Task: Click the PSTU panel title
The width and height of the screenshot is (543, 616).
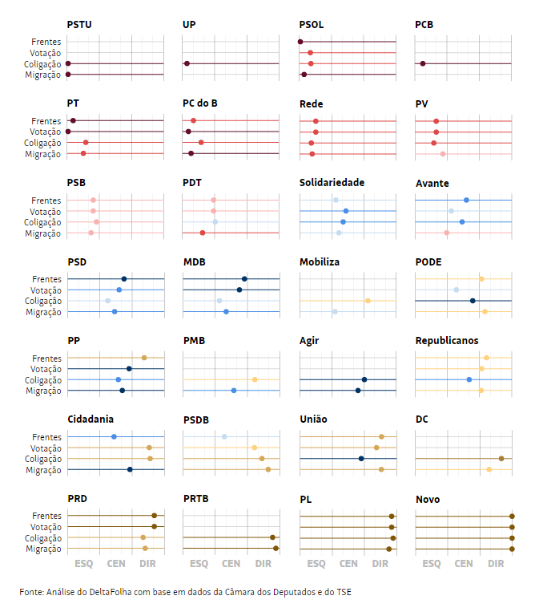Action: (x=79, y=25)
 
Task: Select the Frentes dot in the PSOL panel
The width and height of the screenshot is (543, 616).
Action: (x=300, y=42)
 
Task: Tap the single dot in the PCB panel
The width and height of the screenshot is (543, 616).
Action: (x=423, y=63)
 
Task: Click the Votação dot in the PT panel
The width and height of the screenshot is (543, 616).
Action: (x=68, y=132)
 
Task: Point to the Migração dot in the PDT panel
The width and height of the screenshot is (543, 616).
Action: (x=203, y=233)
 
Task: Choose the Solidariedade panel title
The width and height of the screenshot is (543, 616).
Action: (x=332, y=183)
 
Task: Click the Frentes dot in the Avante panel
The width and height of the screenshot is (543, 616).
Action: (x=466, y=200)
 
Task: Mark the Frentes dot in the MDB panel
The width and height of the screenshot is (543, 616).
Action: (x=244, y=279)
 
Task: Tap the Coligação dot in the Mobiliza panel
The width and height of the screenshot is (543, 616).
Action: (x=368, y=301)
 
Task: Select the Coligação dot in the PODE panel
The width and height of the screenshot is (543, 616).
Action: (x=473, y=301)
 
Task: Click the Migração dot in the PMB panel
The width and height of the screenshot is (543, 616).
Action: (x=234, y=391)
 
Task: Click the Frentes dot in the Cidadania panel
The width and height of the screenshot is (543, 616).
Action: (x=114, y=436)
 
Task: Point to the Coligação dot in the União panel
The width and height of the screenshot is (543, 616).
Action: (x=361, y=459)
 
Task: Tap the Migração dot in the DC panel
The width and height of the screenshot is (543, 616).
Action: (x=489, y=469)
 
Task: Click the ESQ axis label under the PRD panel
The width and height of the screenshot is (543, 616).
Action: (x=84, y=564)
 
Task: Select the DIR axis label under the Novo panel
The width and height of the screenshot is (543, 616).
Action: (x=497, y=564)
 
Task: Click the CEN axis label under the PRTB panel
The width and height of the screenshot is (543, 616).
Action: (x=231, y=564)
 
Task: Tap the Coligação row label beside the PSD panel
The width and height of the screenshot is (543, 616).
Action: (x=42, y=301)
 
